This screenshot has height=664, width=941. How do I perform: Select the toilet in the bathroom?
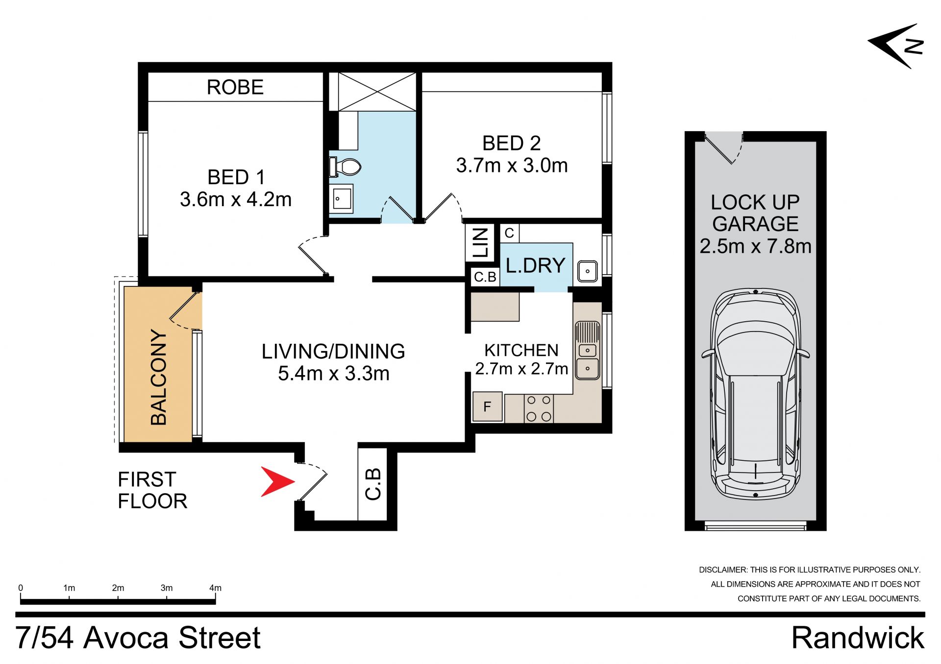(346, 166)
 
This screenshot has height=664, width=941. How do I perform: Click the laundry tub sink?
(587, 271)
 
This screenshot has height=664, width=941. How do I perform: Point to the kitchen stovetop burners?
(539, 408)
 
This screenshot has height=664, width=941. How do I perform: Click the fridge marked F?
(487, 406)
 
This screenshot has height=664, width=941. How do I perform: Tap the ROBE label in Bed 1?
(235, 87)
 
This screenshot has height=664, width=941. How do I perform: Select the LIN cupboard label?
(481, 242)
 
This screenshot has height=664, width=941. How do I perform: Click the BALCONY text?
(159, 377)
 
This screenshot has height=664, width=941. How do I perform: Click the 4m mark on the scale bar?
(215, 588)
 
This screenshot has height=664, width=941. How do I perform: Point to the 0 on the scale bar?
(21, 588)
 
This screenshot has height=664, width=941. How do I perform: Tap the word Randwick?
(858, 638)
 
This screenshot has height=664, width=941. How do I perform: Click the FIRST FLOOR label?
(152, 490)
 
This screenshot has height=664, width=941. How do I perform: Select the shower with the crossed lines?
(377, 92)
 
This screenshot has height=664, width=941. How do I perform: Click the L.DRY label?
(535, 265)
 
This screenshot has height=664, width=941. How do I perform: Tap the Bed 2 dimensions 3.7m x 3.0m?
(512, 166)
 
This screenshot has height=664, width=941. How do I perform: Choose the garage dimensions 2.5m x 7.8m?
(755, 246)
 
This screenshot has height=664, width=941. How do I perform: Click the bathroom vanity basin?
(342, 198)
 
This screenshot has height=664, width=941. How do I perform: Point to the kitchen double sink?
(587, 351)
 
